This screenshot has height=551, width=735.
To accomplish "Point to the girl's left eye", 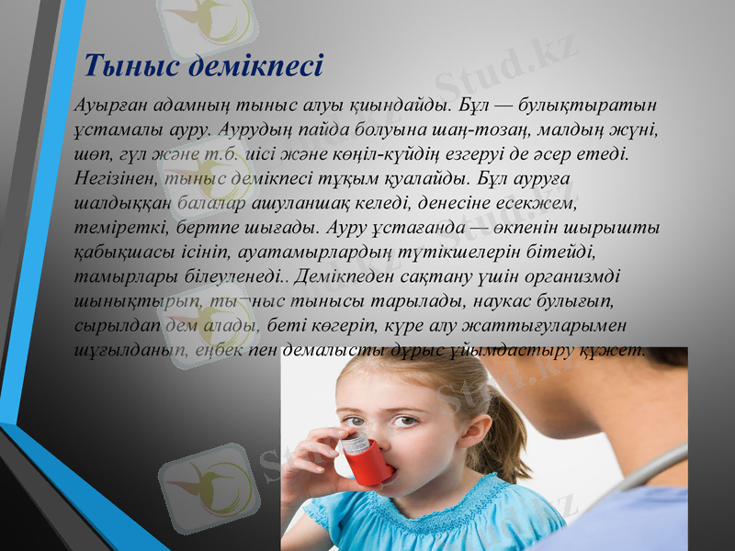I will tap(403, 422).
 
